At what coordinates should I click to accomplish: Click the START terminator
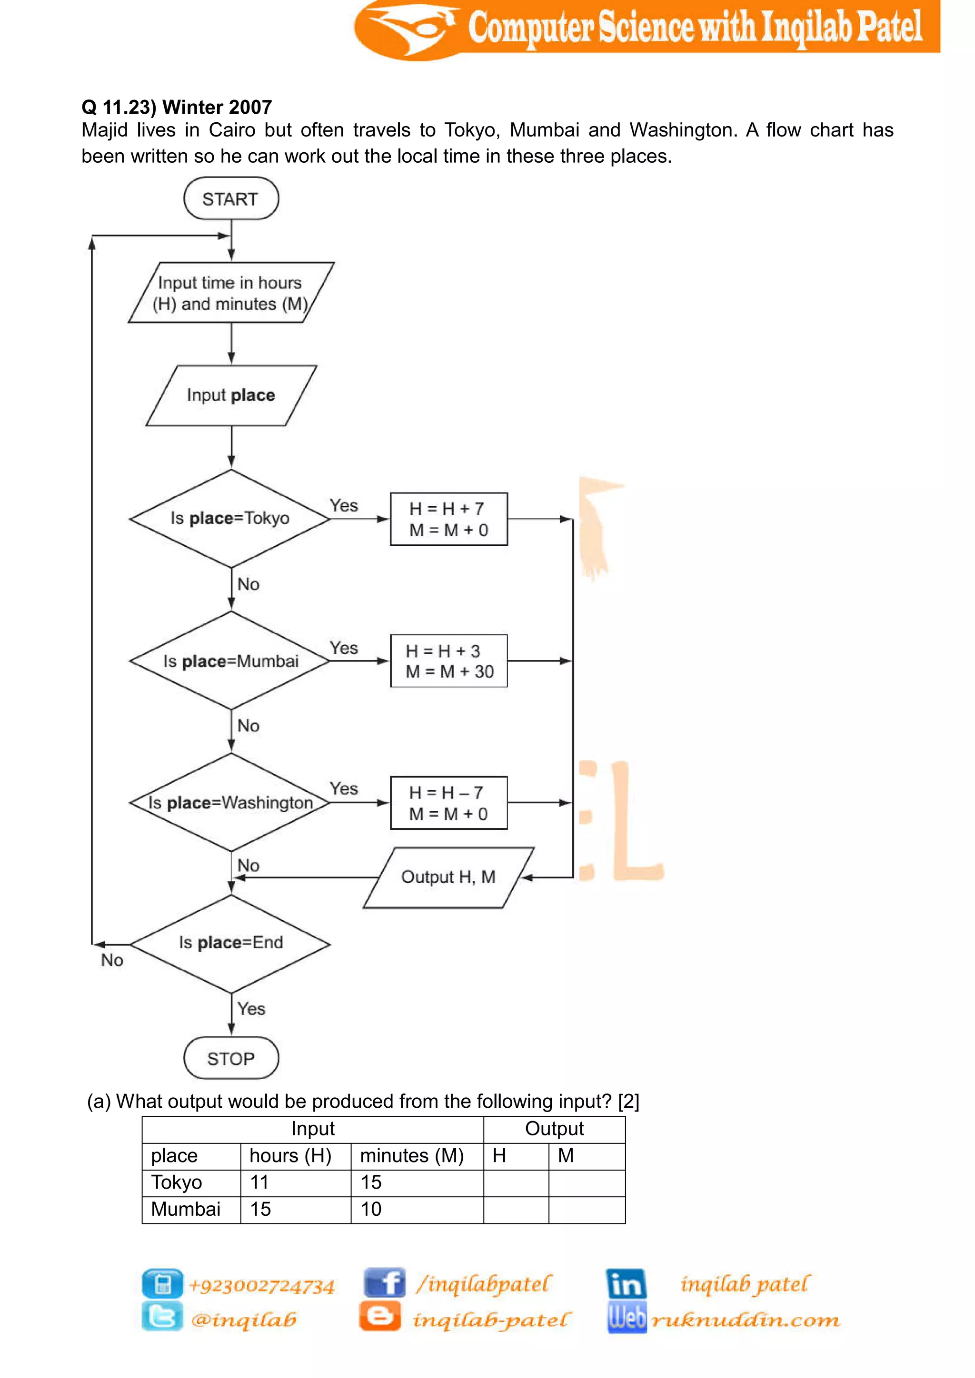[x=230, y=198]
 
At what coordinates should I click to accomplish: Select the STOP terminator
[x=230, y=1058]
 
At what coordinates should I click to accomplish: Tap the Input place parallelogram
[x=230, y=395]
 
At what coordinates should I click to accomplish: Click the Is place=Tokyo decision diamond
[x=230, y=519]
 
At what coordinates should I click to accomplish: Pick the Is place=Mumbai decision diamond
[x=230, y=661]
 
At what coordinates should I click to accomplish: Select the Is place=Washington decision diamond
[x=230, y=802]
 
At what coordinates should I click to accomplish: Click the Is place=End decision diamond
[x=230, y=943]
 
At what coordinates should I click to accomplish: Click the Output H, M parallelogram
[x=448, y=877]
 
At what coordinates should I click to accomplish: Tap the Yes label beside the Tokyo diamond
[x=343, y=506]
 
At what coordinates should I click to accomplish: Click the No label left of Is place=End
[x=112, y=960]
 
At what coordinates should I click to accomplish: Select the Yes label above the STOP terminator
[x=251, y=1009]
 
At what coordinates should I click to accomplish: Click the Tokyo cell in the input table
[x=177, y=1182]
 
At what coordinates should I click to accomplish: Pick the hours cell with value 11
[x=259, y=1182]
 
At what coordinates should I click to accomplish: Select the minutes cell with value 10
[x=371, y=1210]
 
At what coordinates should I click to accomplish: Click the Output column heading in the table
[x=554, y=1129]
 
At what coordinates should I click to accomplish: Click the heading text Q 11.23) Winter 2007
[x=177, y=108]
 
